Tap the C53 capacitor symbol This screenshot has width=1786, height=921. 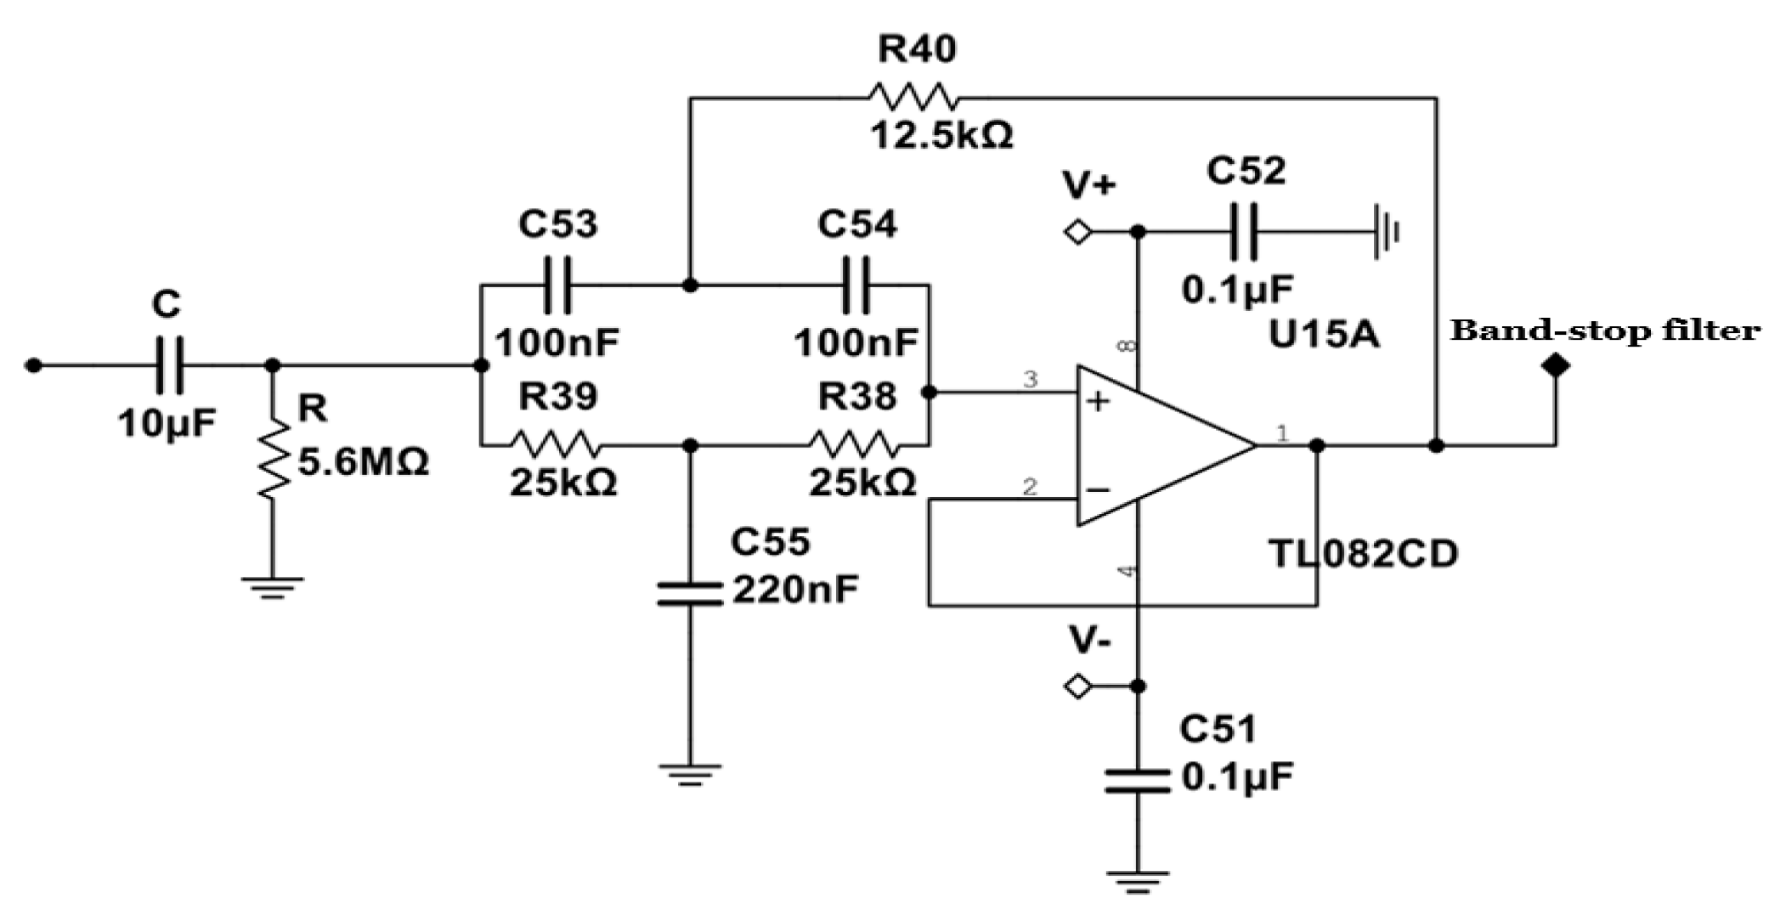click(558, 285)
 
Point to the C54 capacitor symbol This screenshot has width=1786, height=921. click(856, 285)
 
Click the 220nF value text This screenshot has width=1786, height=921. click(795, 589)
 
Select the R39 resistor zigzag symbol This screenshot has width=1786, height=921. click(557, 444)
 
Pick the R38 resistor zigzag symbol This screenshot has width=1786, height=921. click(853, 444)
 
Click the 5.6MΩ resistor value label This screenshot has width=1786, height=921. click(364, 463)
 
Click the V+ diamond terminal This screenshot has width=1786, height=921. click(1078, 231)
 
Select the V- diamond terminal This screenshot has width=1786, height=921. click(1078, 686)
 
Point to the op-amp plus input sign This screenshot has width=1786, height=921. click(1099, 401)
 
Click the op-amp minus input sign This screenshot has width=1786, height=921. click(1098, 490)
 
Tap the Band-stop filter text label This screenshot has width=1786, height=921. click(1605, 330)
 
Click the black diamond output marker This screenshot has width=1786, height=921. click(1556, 366)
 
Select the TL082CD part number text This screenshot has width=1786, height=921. click(1363, 554)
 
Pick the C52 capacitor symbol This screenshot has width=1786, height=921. click(1244, 231)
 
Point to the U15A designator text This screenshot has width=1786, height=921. click(1324, 335)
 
